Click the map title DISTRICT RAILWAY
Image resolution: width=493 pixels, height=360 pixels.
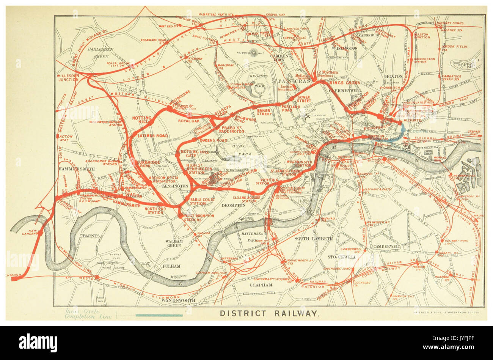269,313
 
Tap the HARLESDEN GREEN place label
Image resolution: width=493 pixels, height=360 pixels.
98,53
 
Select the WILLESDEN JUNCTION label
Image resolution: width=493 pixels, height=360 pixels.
68,78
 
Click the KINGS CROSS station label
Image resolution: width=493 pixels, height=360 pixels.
344,83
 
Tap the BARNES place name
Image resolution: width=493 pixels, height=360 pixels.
91,236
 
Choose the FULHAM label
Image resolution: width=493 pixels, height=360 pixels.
171,266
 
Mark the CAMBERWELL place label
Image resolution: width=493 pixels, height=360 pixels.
386,246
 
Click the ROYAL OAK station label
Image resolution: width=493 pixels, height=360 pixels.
188,121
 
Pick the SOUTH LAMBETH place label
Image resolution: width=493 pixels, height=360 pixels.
313,239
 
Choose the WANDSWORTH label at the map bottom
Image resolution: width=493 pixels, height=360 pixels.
178,300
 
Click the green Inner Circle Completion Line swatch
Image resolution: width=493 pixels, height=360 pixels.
159,315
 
